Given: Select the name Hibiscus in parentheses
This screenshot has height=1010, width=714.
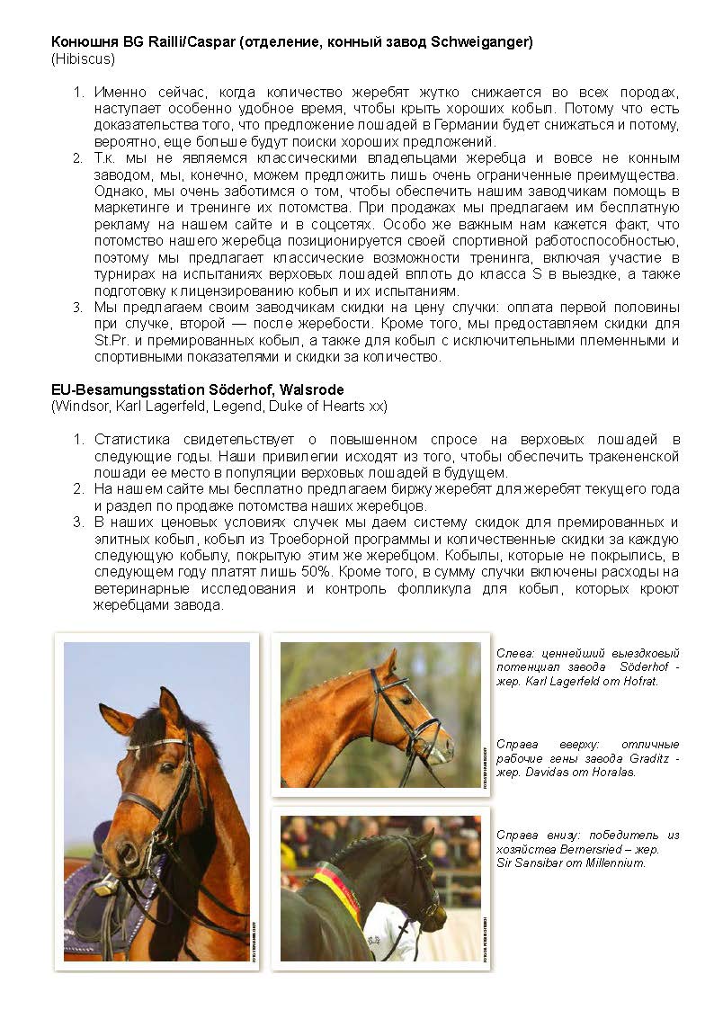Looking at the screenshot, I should [x=83, y=59].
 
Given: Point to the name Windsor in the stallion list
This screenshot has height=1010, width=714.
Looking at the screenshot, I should [x=83, y=406].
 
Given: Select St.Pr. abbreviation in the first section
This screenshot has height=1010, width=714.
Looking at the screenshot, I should [x=112, y=341].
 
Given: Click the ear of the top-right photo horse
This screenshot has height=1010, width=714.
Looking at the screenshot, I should [x=390, y=664].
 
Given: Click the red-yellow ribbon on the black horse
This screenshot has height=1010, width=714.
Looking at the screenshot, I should [x=338, y=889].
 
